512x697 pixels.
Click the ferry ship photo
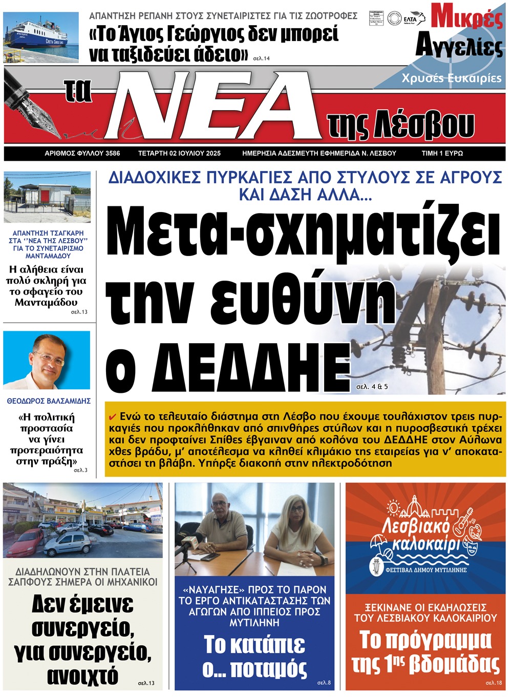pyautogui.click(x=41, y=37)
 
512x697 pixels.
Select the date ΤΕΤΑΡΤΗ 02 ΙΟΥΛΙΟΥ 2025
pyautogui.click(x=179, y=153)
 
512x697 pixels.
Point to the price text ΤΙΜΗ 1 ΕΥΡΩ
pyautogui.click(x=442, y=153)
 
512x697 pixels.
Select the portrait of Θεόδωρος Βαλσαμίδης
pyautogui.click(x=47, y=360)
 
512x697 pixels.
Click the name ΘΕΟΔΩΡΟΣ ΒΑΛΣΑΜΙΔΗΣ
pyautogui.click(x=49, y=401)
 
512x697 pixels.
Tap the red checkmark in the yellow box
pyautogui.click(x=113, y=416)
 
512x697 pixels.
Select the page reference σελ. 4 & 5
pyautogui.click(x=372, y=387)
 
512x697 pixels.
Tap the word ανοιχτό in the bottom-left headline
pyautogui.click(x=82, y=676)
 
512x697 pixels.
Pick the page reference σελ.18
pyautogui.click(x=495, y=683)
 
